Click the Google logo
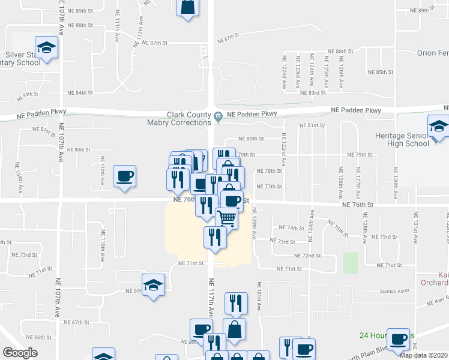(x=20, y=352)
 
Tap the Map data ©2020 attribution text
(x=423, y=355)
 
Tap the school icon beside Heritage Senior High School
(x=439, y=127)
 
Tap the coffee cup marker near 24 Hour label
(x=398, y=340)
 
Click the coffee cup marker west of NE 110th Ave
(x=124, y=176)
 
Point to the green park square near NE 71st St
(x=351, y=262)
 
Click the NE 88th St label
(x=80, y=25)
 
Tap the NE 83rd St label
(x=313, y=92)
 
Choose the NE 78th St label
(x=269, y=171)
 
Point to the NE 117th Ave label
(x=211, y=300)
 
